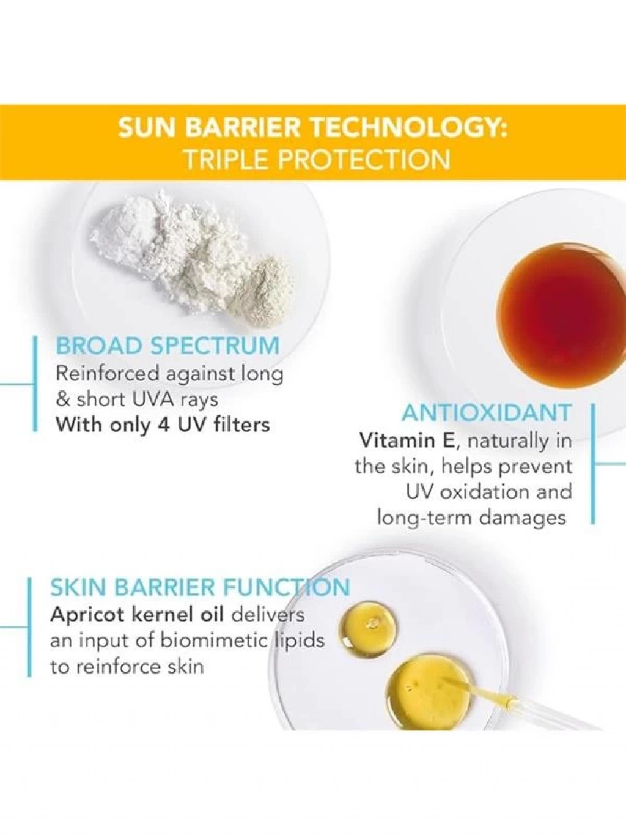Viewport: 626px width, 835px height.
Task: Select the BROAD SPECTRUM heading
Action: coord(168,346)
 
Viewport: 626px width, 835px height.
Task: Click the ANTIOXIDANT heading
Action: coord(487,413)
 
